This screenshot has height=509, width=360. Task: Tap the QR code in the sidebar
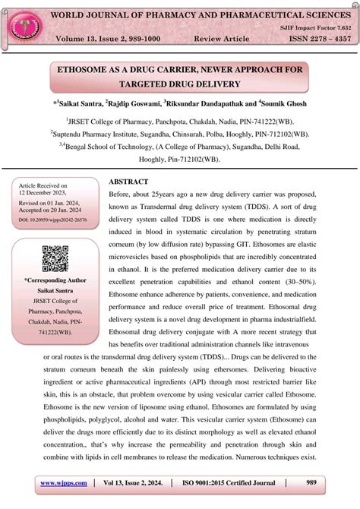coord(55,259)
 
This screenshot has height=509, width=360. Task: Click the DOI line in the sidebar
coord(54,219)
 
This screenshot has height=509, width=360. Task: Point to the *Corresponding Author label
coord(55,281)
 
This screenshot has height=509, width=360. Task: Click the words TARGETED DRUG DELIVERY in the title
coord(179,83)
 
